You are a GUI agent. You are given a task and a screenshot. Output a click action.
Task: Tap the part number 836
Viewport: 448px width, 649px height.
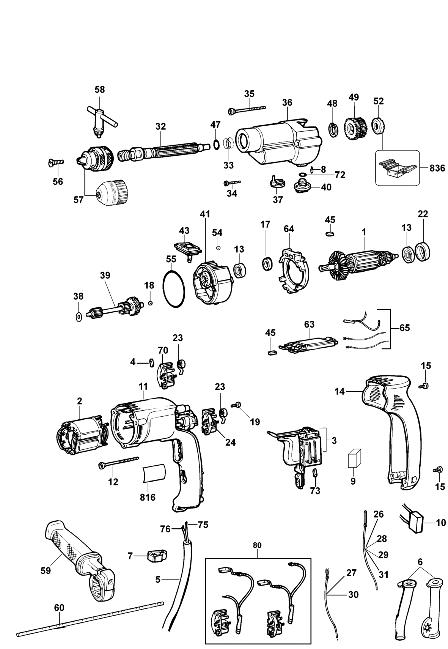(437, 168)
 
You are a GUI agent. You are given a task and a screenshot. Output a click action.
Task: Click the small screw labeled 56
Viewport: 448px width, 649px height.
(56, 162)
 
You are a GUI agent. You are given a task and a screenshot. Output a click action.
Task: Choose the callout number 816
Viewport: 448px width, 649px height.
(148, 497)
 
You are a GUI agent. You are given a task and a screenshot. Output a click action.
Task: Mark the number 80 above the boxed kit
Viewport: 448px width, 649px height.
(257, 545)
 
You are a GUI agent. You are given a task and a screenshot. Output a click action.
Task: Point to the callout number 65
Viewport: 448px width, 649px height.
(405, 327)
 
